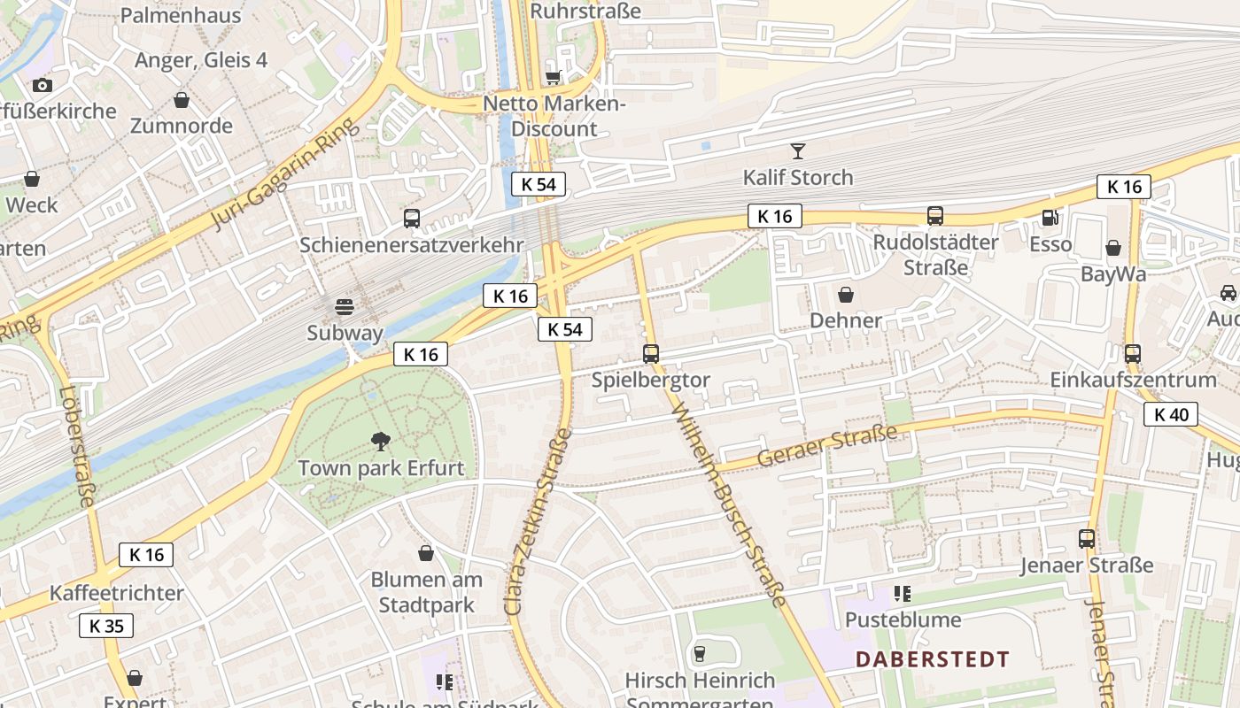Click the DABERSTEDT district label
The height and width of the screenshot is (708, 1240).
click(x=932, y=659)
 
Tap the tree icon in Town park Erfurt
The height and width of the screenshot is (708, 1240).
click(x=381, y=441)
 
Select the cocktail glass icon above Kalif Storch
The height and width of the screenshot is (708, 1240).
click(x=798, y=150)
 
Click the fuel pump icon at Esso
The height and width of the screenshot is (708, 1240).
click(x=1050, y=216)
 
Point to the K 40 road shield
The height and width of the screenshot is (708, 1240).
click(x=1170, y=414)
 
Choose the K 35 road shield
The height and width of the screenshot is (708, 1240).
click(x=106, y=626)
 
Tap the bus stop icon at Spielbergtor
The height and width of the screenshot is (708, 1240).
click(x=651, y=354)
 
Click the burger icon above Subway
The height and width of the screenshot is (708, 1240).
click(x=345, y=307)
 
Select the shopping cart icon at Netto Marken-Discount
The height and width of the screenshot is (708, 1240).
click(x=554, y=78)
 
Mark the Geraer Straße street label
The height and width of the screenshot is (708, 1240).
click(x=826, y=446)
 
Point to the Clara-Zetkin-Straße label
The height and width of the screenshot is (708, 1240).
click(x=538, y=522)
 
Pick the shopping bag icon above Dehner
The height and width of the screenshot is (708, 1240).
click(x=846, y=294)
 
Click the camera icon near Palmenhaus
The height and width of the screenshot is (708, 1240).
click(x=42, y=85)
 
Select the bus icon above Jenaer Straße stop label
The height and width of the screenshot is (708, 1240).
click(x=1086, y=538)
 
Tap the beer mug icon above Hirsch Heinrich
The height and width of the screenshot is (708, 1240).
click(x=700, y=654)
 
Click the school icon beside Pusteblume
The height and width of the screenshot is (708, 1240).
click(x=902, y=593)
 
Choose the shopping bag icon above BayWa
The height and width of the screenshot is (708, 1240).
click(x=1112, y=248)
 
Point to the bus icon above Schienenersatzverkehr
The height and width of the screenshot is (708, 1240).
click(x=411, y=219)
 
